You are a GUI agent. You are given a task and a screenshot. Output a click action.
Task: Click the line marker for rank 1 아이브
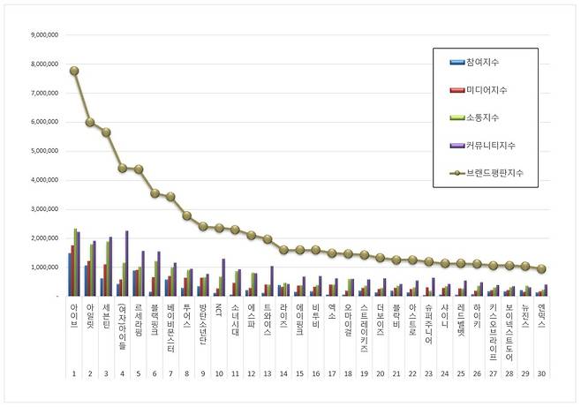tap(75, 71)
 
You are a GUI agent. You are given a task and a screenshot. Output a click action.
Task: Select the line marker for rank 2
tap(90, 122)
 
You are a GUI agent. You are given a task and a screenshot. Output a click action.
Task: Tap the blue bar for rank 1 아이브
tap(70, 275)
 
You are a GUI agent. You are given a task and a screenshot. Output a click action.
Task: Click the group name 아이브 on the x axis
tap(74, 315)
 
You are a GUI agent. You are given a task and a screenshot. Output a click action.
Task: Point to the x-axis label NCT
tap(219, 311)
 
